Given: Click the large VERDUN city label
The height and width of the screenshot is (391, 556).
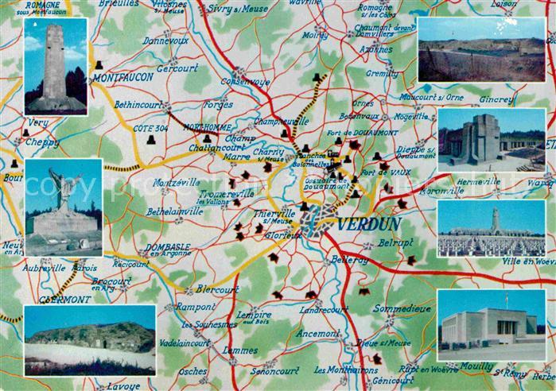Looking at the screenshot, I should click(x=368, y=224).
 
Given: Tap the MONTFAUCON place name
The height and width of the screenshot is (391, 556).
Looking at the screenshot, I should click(x=121, y=79).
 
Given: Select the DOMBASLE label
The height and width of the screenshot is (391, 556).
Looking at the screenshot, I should click(x=167, y=247).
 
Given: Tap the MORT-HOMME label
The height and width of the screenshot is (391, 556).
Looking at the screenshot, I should click(x=207, y=127).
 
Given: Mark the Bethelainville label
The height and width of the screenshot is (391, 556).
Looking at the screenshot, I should click(x=174, y=211).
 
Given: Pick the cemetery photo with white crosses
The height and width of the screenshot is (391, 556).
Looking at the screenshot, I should click(x=491, y=229).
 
